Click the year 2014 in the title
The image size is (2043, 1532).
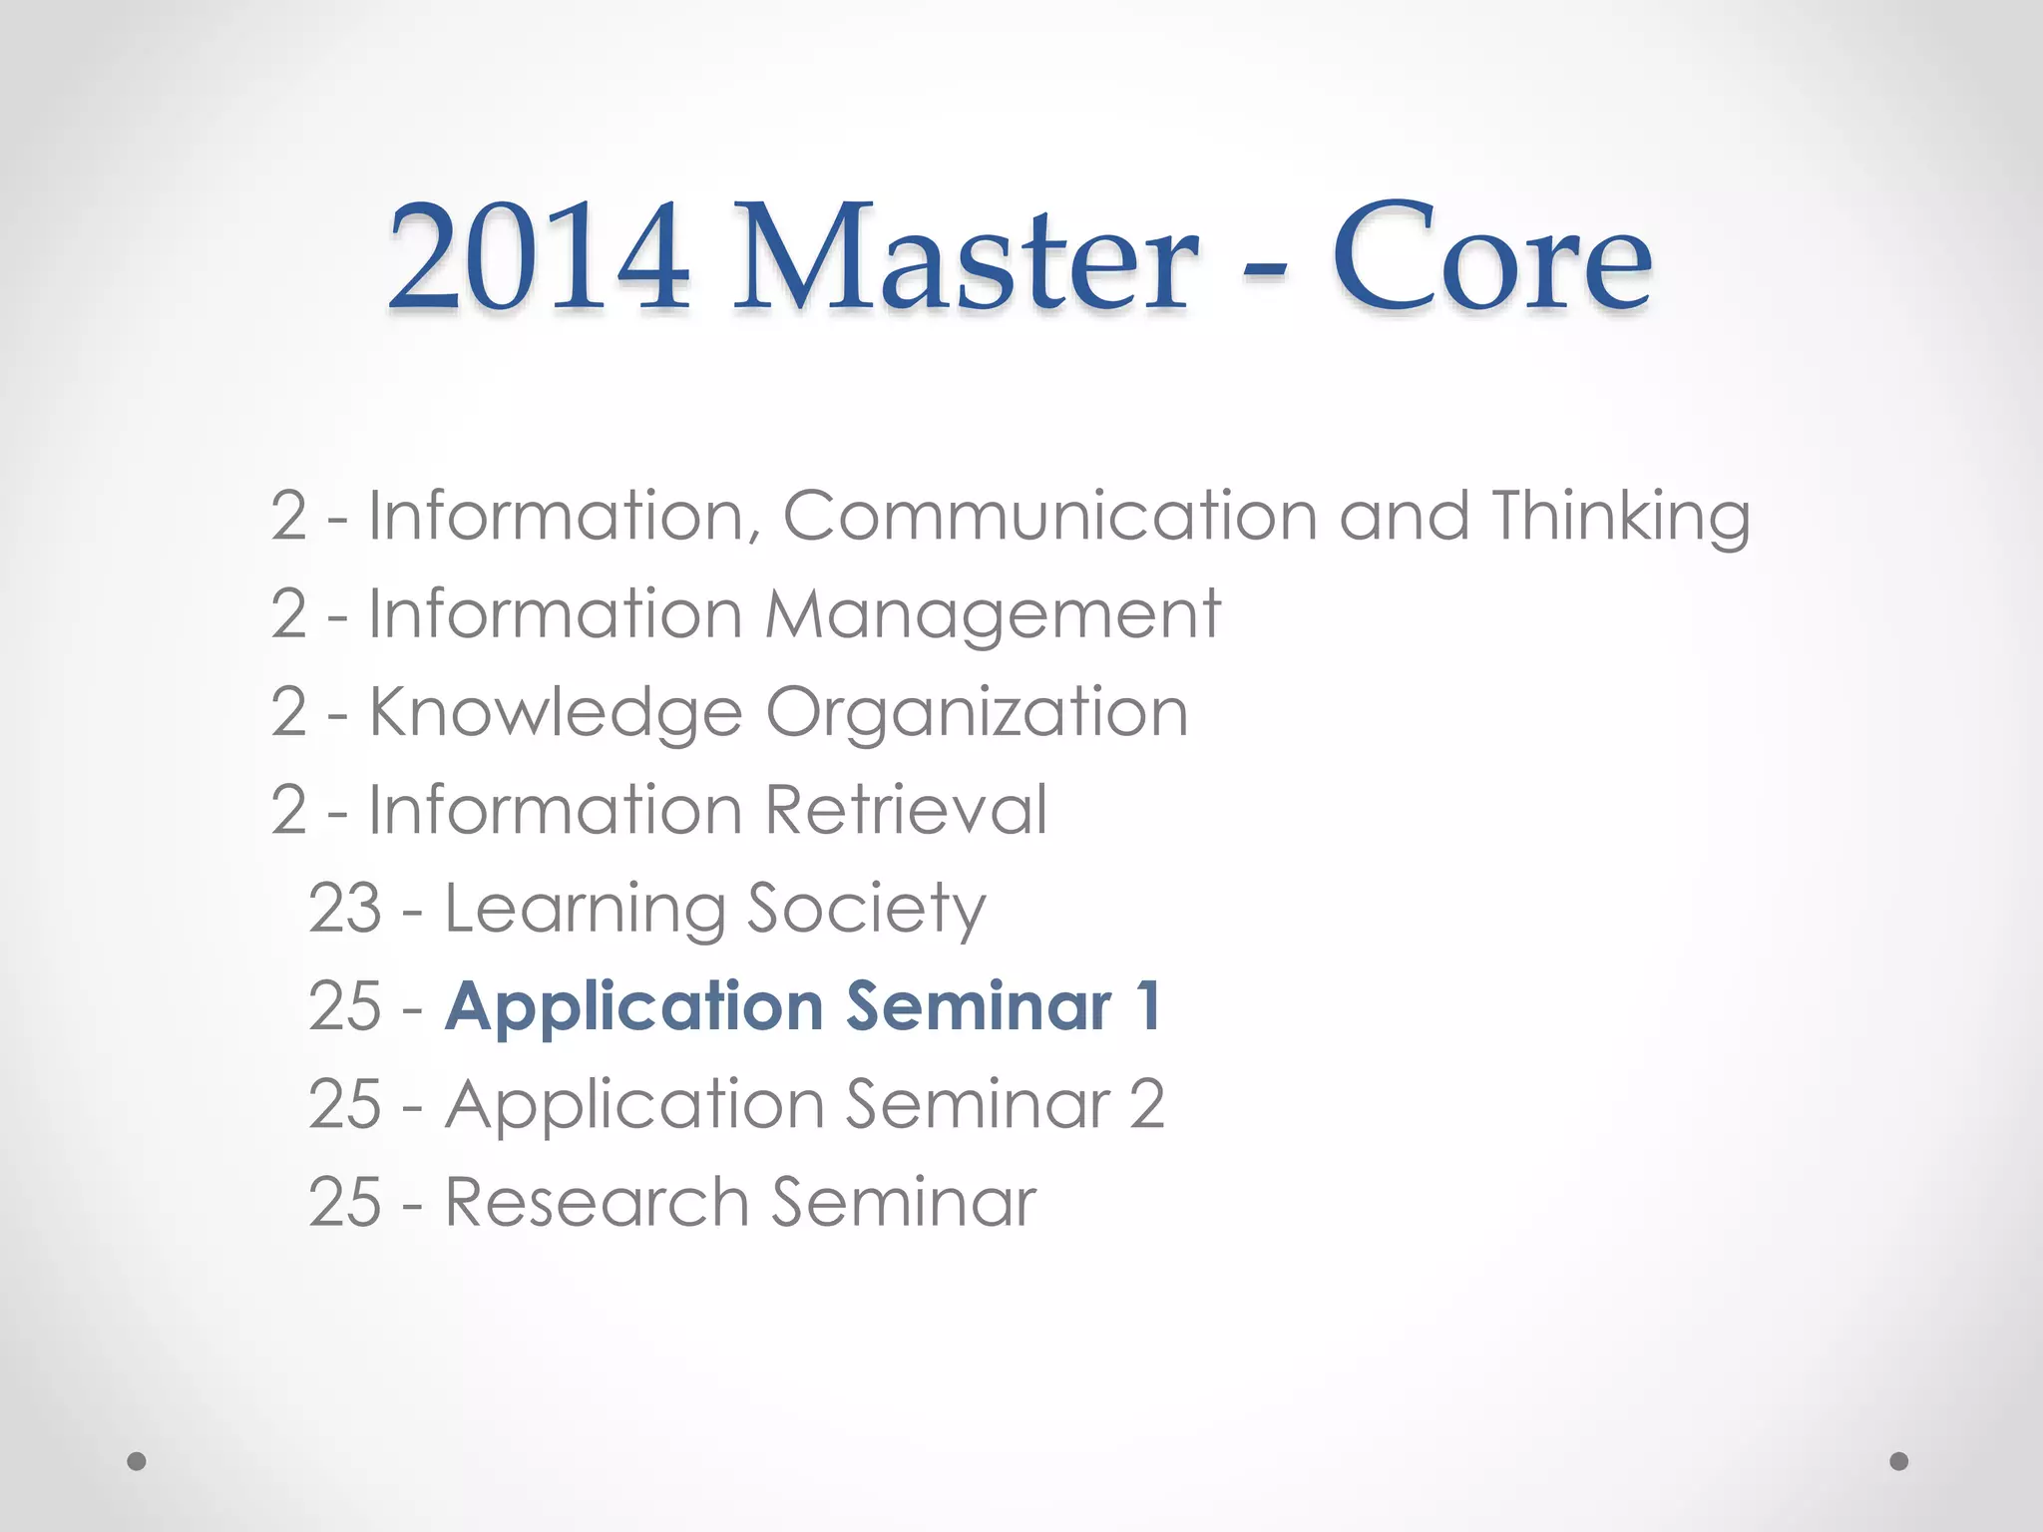(538, 257)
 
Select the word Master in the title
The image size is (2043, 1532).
(965, 257)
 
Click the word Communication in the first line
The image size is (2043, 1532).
(1049, 516)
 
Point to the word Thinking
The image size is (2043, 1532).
(1620, 518)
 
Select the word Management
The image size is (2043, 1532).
(993, 615)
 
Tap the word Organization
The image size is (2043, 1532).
(977, 713)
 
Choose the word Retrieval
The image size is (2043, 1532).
(907, 809)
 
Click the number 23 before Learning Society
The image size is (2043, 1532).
(345, 908)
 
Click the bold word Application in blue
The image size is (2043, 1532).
(634, 1006)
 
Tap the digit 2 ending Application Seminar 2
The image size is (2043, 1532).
(1147, 1103)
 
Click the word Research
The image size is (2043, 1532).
(596, 1201)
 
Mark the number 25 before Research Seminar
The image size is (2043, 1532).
(345, 1201)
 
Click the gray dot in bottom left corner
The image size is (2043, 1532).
(137, 1461)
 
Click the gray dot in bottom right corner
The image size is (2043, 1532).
(1899, 1461)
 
